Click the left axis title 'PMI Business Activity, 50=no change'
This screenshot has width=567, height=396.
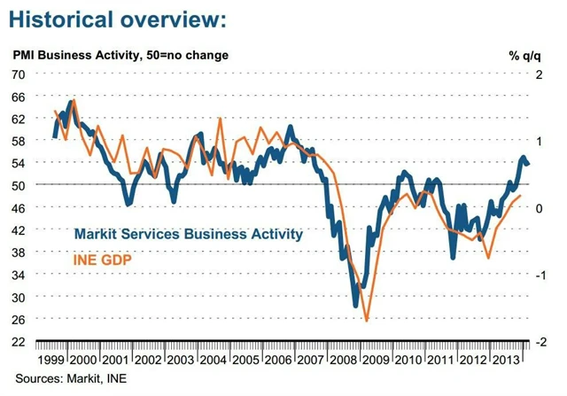pos(120,55)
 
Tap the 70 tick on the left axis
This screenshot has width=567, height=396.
pos(19,74)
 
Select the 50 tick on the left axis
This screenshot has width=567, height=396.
pos(19,185)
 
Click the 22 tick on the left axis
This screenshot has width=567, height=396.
pos(19,341)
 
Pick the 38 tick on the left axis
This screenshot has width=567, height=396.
pos(19,252)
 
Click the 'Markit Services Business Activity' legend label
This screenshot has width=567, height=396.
pos(189,235)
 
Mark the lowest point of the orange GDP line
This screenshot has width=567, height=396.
pos(367,321)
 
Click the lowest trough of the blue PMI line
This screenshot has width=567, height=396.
pos(356,306)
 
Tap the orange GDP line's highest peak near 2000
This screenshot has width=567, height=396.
pos(74,100)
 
